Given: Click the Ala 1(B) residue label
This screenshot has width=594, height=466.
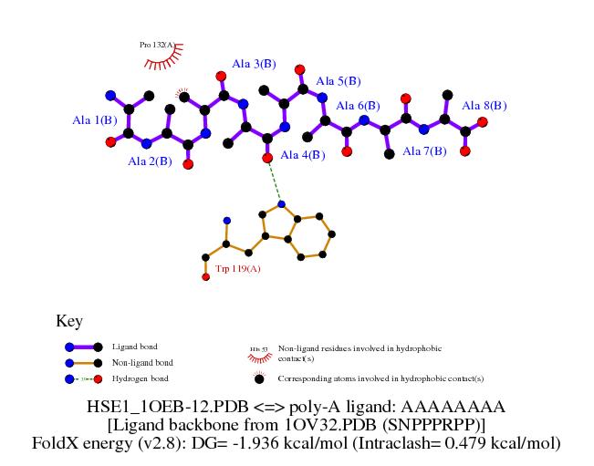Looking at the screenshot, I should pyautogui.click(x=95, y=119).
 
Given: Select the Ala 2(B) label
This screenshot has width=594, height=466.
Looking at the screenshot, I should pyautogui.click(x=150, y=161).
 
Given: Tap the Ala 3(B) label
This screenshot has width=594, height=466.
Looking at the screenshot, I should pyautogui.click(x=254, y=64).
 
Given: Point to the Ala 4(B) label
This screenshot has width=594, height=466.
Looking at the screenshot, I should pyautogui.click(x=303, y=155).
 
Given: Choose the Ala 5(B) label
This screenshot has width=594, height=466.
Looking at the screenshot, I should pyautogui.click(x=339, y=81).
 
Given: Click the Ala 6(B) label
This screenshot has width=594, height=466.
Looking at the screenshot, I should pyautogui.click(x=358, y=106).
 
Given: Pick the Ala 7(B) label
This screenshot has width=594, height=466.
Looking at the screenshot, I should pyautogui.click(x=424, y=150).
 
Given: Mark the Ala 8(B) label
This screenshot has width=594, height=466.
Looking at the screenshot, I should pyautogui.click(x=485, y=106).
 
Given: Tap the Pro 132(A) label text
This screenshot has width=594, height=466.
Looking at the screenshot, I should pyautogui.click(x=158, y=44).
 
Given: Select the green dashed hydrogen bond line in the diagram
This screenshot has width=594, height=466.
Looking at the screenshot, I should pyautogui.click(x=275, y=181).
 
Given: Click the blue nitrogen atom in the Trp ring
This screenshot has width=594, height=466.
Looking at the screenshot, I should pyautogui.click(x=282, y=203).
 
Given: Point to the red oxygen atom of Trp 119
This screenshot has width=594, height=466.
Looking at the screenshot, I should pyautogui.click(x=205, y=276).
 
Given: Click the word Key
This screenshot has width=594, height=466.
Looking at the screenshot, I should pyautogui.click(x=69, y=321).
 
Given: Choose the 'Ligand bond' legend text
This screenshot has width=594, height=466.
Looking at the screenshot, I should pyautogui.click(x=134, y=347).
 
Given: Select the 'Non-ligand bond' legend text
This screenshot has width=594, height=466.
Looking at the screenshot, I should pyautogui.click(x=141, y=363).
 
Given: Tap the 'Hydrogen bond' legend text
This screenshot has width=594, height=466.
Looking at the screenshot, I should pyautogui.click(x=140, y=378).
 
